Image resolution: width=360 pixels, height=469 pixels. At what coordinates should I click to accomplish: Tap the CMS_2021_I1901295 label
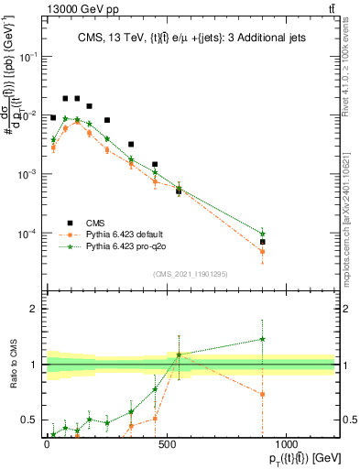point(190,273)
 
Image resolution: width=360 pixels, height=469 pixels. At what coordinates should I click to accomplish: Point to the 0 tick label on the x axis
point(47,442)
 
